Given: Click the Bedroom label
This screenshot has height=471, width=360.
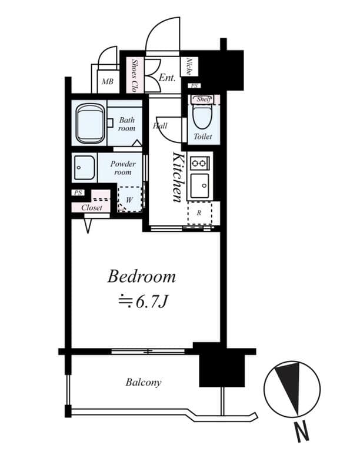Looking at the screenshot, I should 142,276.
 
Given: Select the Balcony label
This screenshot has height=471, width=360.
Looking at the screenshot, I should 143,383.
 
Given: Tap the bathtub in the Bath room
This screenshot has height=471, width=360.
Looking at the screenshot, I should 90,123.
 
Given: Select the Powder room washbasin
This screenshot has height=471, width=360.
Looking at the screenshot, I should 84,168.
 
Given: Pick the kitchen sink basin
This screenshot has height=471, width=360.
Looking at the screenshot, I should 199,186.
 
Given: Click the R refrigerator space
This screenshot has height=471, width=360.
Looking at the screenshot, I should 199,213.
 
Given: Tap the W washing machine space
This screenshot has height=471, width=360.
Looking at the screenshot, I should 129,200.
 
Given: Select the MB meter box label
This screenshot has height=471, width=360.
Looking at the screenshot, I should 107,81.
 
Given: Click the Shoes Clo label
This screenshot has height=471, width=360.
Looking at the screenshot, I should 135,75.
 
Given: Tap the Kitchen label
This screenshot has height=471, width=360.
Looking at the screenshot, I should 177,177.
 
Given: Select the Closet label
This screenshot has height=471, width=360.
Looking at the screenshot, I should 92,208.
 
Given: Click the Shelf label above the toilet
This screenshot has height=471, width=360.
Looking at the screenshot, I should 204,99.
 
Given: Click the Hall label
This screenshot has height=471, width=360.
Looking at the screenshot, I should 160,125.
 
